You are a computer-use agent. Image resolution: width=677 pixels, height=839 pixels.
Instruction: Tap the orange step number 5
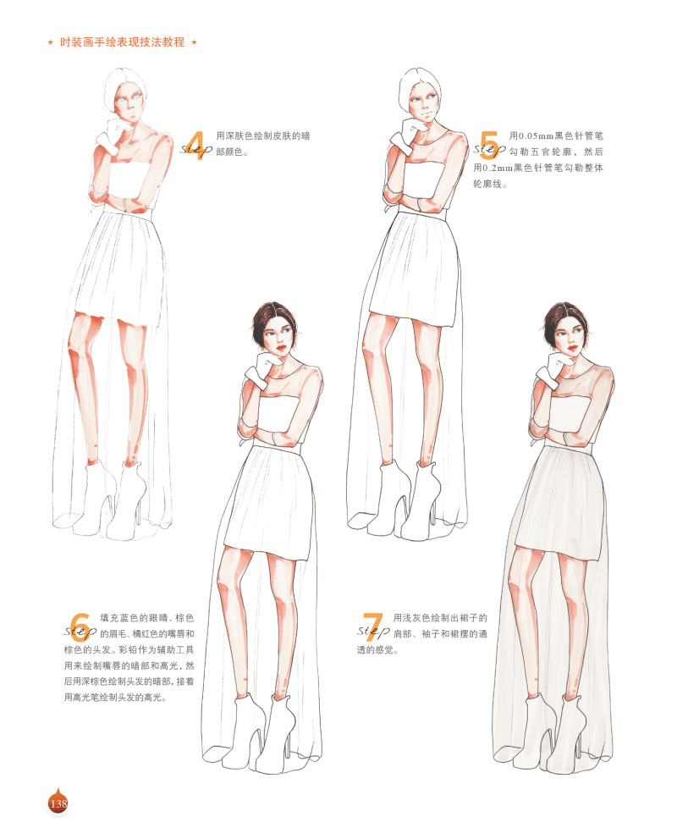tap(489, 146)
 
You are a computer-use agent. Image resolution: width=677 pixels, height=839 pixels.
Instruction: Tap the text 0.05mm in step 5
tap(534, 135)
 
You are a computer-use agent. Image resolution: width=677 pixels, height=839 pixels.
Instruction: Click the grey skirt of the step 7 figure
tap(567, 500)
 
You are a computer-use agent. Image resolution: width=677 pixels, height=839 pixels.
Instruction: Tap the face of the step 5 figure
tap(422, 107)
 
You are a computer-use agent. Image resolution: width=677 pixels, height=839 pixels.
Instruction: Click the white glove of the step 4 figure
tap(111, 133)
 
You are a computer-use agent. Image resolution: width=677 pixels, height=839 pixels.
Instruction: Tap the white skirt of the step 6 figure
tap(271, 500)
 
